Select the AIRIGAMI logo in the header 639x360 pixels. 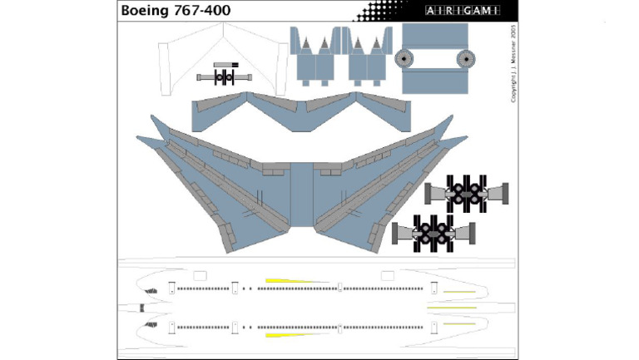pyautogui.click(x=462, y=11)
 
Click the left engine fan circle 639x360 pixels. pyautogui.click(x=405, y=59)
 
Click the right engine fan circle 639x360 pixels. pyautogui.click(x=465, y=59)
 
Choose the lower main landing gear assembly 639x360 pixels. pyautogui.click(x=433, y=229)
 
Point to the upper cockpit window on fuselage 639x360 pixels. pyautogui.click(x=152, y=290)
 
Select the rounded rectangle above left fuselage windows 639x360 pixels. pyautogui.click(x=200, y=275)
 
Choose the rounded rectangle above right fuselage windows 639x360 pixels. pyautogui.click(x=387, y=275)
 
